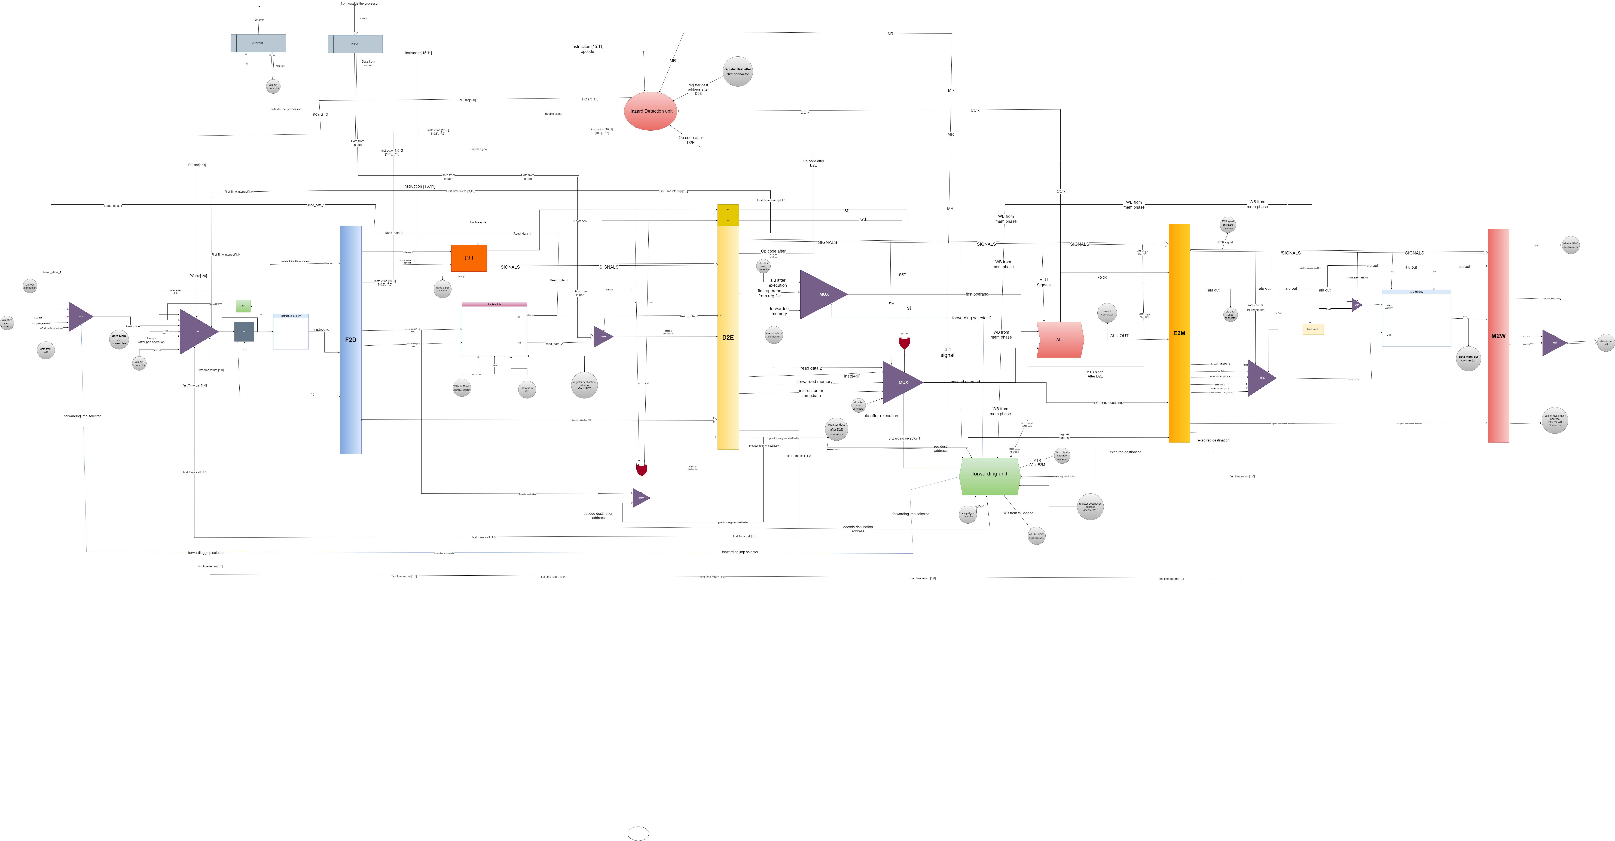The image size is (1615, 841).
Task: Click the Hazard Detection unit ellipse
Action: tap(650, 111)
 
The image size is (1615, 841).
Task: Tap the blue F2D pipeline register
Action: tap(350, 340)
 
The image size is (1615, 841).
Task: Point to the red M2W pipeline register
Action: tap(1498, 336)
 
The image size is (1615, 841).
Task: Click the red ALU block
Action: tap(1060, 340)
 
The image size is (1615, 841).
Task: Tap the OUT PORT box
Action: tap(258, 43)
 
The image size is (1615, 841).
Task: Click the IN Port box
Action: tap(355, 44)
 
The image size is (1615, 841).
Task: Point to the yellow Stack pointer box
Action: tap(1313, 329)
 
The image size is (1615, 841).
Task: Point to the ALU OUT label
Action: tap(1119, 336)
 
